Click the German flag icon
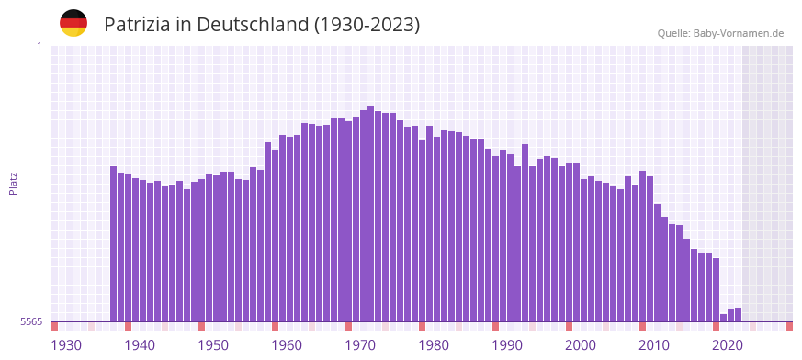point(73,23)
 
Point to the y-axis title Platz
point(13,183)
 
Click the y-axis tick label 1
point(39,46)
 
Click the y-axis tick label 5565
point(30,322)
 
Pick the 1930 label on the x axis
point(66,344)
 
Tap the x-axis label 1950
point(213,344)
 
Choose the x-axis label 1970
point(360,344)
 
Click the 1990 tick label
point(507,344)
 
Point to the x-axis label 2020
point(728,344)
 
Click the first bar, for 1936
point(114,244)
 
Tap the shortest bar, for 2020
point(724,318)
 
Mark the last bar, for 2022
point(739,315)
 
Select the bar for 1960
point(290,230)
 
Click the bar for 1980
point(437,230)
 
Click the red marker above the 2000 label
point(570,326)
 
